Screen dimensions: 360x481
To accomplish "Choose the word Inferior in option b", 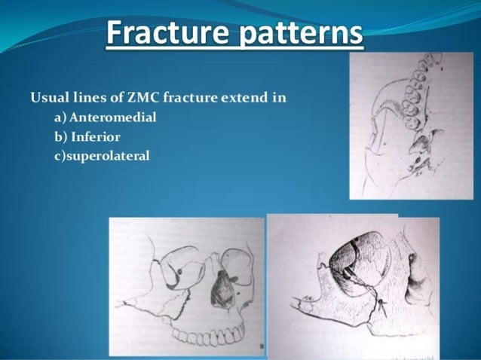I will point(96,137).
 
